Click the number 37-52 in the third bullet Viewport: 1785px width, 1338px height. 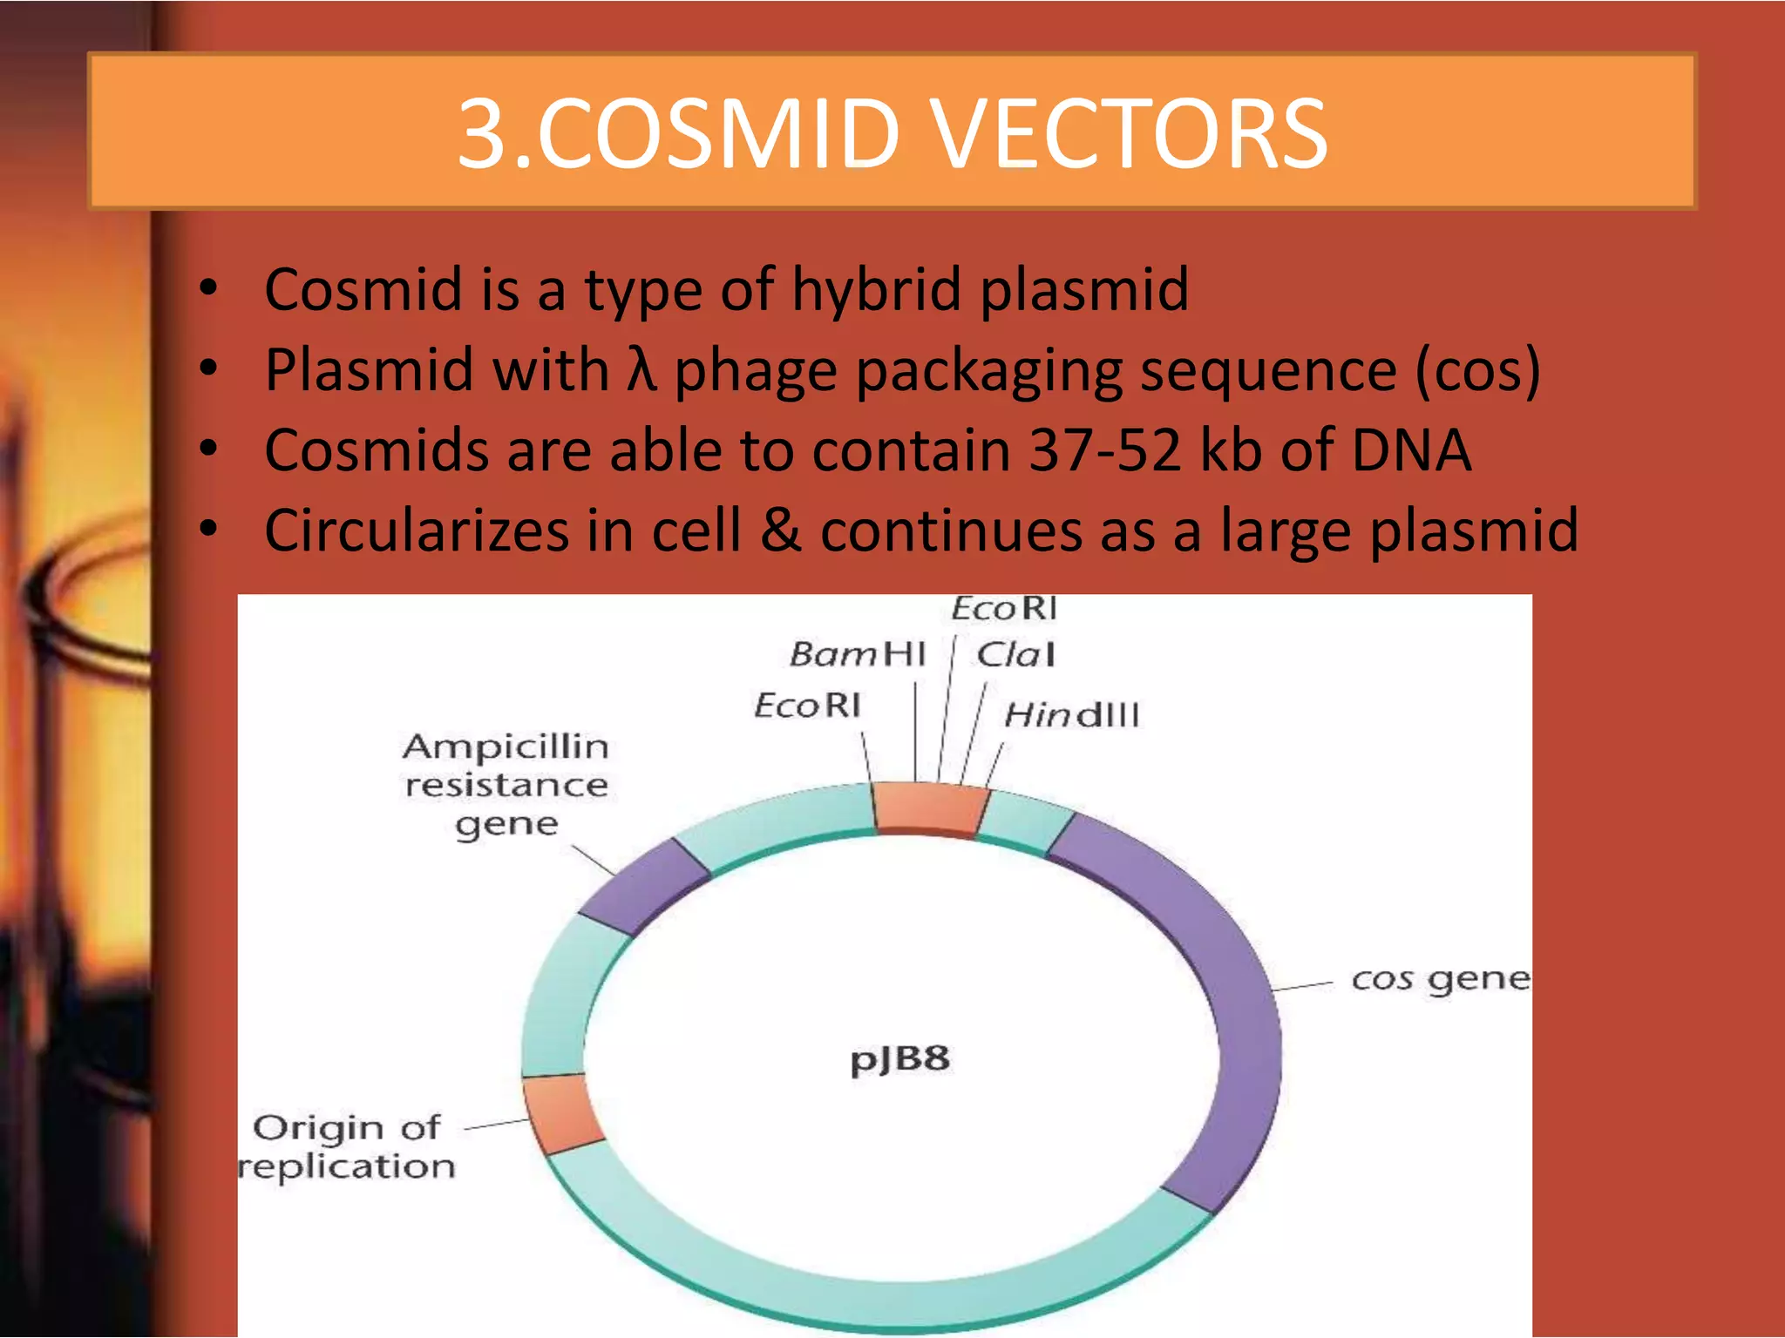point(1104,450)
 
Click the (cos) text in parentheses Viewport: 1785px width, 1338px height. point(1476,370)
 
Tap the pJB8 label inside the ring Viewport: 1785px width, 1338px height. point(899,1059)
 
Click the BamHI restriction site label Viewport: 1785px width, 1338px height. point(857,653)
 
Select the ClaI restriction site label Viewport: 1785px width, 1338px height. point(1015,654)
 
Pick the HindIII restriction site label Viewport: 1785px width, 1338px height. point(1071,715)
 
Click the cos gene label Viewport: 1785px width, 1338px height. point(1440,979)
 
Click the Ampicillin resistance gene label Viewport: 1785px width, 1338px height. point(506,785)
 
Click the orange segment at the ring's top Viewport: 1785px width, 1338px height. point(929,809)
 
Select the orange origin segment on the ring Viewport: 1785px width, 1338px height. point(562,1113)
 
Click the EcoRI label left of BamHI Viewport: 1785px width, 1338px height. point(807,705)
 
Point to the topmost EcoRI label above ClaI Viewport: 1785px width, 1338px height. point(1003,608)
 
